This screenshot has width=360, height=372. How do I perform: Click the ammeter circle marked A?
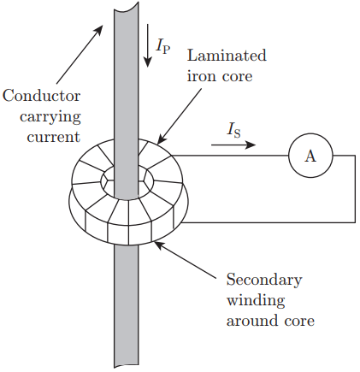tap(310, 156)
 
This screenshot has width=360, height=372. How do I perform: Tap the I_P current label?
tap(163, 46)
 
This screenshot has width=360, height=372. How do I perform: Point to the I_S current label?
tap(233, 130)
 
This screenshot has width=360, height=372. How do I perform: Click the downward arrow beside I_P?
tap(148, 45)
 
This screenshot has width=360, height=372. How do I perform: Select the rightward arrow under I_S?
tap(233, 145)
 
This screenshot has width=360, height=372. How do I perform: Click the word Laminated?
tap(227, 55)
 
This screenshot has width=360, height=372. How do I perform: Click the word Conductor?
tap(42, 96)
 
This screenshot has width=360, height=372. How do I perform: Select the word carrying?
tap(50, 117)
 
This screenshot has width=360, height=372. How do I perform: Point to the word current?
tap(54, 137)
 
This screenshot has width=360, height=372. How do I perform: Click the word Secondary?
tap(264, 280)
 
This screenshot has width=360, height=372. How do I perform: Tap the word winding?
tap(256, 300)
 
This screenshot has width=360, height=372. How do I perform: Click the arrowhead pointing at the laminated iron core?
tap(161, 139)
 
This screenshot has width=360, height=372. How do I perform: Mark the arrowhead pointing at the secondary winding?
tap(158, 245)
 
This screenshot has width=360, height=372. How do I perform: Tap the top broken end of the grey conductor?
tap(127, 9)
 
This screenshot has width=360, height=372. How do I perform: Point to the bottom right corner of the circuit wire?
tap(355, 222)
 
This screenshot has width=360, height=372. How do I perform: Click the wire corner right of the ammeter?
tap(355, 156)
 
